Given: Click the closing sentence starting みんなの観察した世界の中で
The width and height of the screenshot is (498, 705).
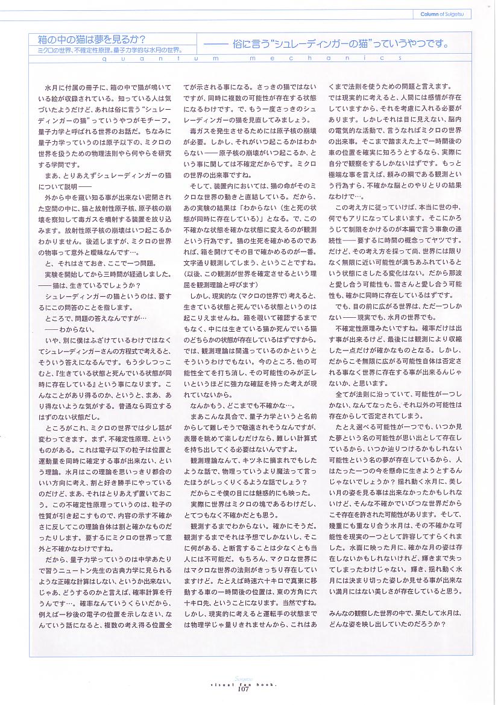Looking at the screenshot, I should point(395,613).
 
